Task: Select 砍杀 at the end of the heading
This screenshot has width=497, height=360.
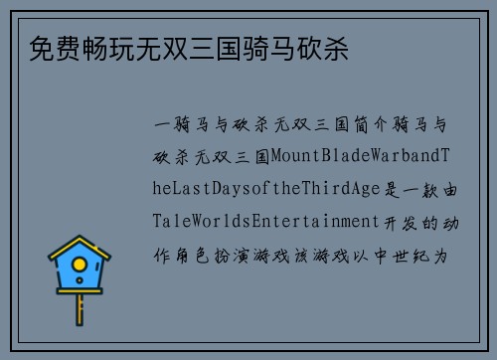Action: click(x=328, y=47)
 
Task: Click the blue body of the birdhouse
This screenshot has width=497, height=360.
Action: click(x=80, y=279)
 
